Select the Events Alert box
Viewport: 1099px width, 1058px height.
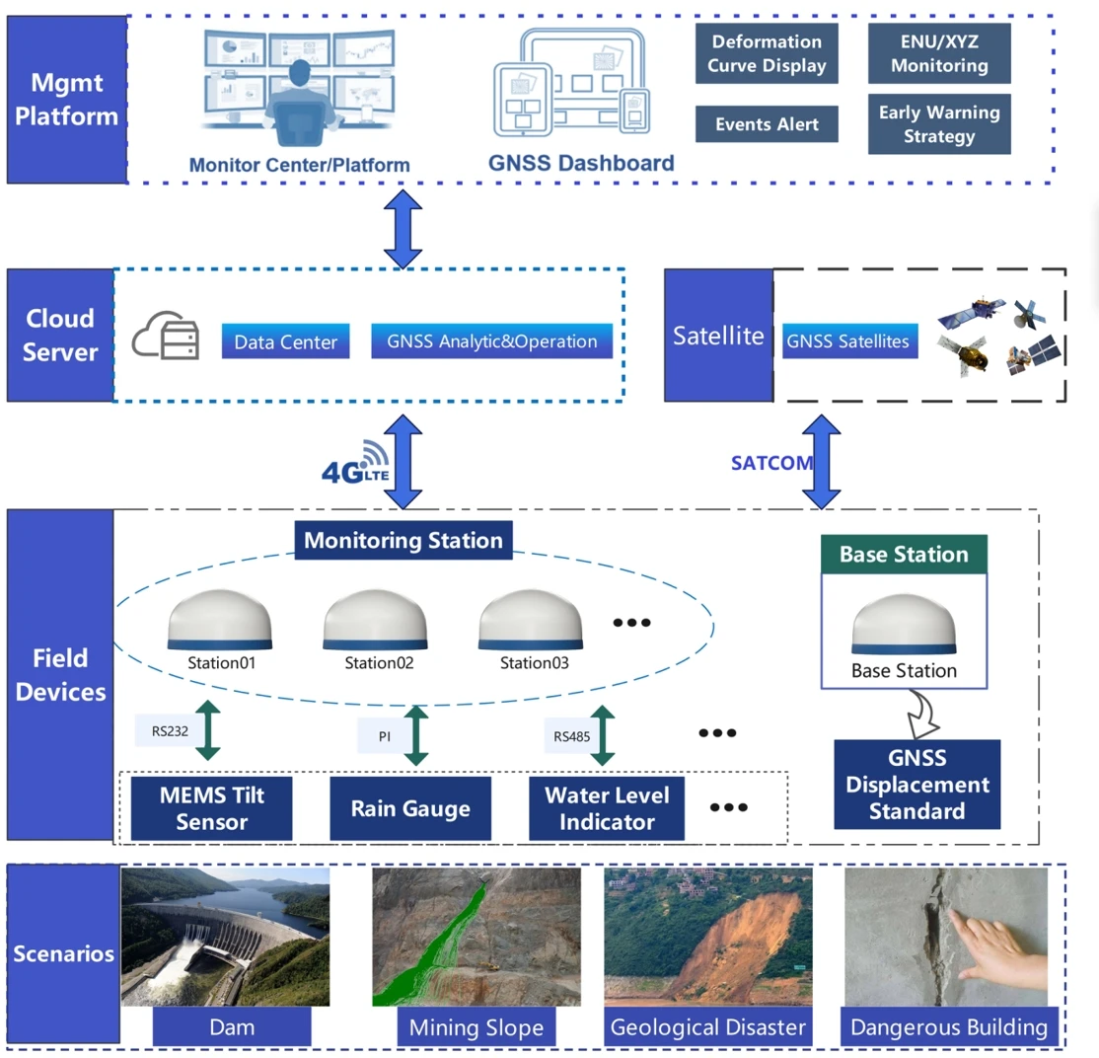[767, 125]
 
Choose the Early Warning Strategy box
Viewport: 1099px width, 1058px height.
[939, 124]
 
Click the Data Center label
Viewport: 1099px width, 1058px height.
[286, 341]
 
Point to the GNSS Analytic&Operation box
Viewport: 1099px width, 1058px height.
[491, 341]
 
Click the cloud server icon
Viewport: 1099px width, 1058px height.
[166, 337]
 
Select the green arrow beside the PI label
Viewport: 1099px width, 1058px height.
[417, 735]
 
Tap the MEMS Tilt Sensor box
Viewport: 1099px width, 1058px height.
[211, 807]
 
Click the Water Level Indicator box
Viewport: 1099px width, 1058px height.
[607, 807]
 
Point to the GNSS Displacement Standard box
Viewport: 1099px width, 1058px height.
[916, 785]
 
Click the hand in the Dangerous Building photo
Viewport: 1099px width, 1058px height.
[991, 944]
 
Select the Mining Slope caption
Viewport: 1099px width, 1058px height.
[476, 1027]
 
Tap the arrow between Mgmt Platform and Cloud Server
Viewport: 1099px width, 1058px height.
[403, 228]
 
